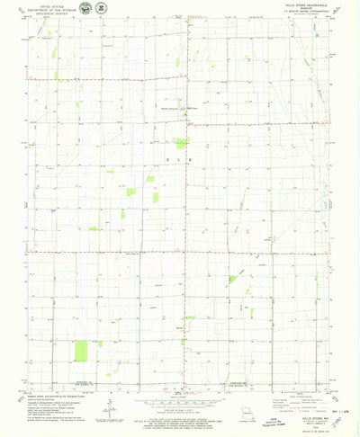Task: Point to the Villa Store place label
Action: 191,110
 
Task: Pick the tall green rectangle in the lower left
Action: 82,352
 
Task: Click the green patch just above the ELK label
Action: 181,143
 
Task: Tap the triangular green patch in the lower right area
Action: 233,279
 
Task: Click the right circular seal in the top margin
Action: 100,8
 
